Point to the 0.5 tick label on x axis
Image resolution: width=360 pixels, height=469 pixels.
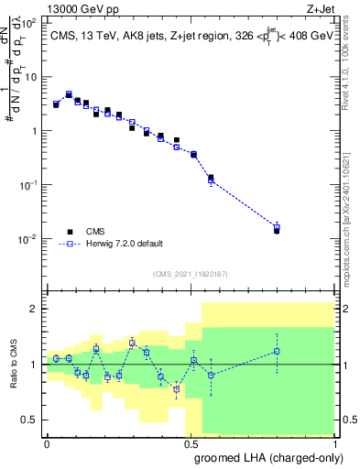[191, 442]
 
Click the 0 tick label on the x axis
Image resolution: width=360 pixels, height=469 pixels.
[47, 442]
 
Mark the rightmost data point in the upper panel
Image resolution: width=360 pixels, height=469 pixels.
[277, 229]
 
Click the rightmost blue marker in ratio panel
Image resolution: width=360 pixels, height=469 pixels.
[277, 351]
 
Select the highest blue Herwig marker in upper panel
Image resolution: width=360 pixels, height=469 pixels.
[69, 94]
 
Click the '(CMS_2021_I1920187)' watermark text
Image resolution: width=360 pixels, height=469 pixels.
[190, 274]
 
